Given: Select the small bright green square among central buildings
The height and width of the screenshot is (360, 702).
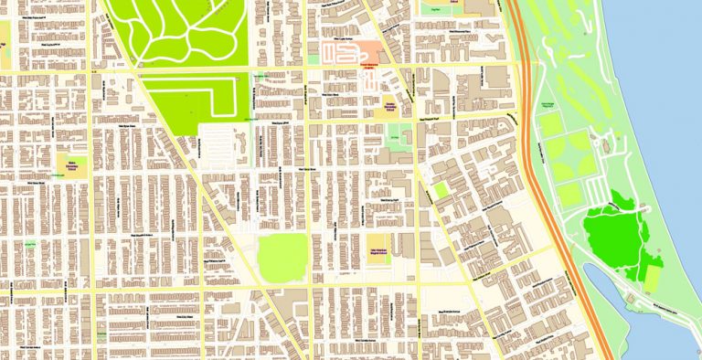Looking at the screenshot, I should click(x=441, y=191).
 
